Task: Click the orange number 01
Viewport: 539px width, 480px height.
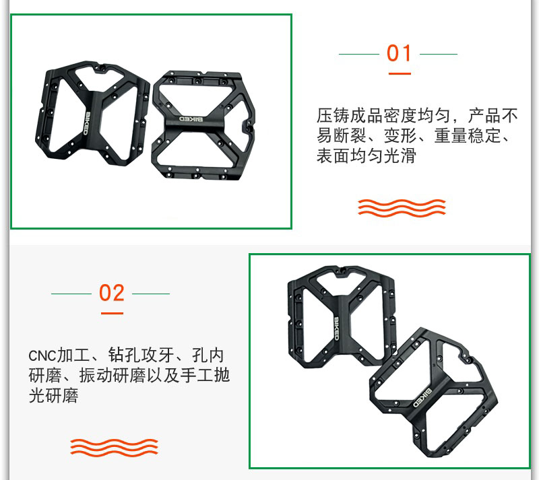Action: (x=399, y=53)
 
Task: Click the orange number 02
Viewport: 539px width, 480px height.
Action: (x=111, y=293)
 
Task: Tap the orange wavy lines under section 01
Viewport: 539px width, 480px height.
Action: (x=402, y=208)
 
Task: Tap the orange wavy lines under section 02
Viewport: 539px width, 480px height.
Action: (x=114, y=448)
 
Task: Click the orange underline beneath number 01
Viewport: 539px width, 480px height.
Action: (x=400, y=73)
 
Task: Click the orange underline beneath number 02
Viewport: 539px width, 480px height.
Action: (x=112, y=313)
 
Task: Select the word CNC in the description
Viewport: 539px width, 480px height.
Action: (x=42, y=356)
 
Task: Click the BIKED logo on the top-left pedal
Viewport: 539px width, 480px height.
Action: (x=88, y=123)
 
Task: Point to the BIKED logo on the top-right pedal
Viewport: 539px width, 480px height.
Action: (x=191, y=119)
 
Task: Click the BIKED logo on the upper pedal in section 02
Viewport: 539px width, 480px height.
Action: (x=336, y=329)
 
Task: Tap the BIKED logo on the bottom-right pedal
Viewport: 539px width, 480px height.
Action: (x=422, y=398)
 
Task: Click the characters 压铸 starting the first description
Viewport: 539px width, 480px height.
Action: (x=333, y=116)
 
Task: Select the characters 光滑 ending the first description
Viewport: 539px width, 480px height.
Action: (x=400, y=156)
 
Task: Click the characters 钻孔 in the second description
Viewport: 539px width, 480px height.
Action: (x=125, y=355)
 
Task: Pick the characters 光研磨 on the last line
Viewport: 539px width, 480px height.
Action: (x=54, y=395)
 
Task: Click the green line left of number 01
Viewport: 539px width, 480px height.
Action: (x=359, y=54)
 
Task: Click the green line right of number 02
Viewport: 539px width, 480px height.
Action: (x=151, y=294)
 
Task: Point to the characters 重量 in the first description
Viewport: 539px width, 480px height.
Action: (x=451, y=136)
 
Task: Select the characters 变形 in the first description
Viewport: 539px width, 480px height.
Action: (x=400, y=136)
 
